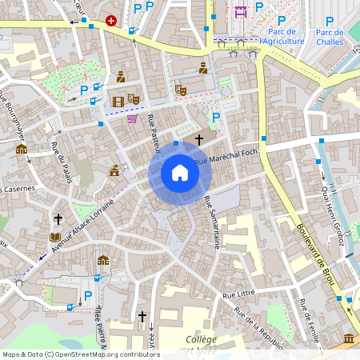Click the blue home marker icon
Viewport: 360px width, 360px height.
(180, 173)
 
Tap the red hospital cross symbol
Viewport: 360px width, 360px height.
(110, 21)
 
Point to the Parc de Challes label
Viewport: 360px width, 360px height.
(329, 37)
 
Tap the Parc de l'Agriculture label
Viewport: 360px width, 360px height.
(283, 37)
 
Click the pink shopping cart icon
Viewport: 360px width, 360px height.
(131, 119)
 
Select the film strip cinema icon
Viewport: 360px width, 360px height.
(118, 101)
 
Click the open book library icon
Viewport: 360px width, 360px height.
(54, 238)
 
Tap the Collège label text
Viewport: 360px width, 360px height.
(201, 339)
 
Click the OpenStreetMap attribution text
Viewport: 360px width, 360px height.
(81, 354)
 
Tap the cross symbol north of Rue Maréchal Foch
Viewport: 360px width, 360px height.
(198, 139)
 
